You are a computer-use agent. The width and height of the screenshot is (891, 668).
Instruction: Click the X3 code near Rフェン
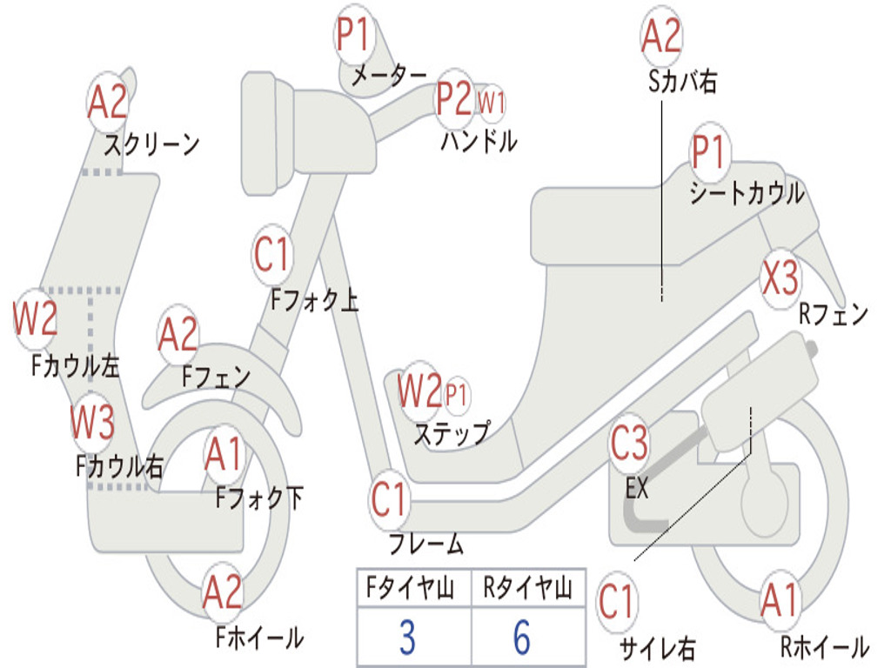click(x=780, y=277)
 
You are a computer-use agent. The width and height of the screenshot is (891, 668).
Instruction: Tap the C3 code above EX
click(x=629, y=443)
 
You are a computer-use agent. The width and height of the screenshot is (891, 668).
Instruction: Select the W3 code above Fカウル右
click(x=92, y=422)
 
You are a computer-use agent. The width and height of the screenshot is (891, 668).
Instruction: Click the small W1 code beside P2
click(x=491, y=103)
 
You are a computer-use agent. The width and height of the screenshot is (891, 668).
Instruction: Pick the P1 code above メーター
click(x=353, y=34)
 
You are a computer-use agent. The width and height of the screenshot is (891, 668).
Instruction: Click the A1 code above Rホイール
click(x=780, y=600)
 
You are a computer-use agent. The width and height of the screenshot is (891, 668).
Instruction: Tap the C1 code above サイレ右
click(x=615, y=602)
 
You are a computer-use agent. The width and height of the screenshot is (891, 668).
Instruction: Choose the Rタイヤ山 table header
click(x=527, y=587)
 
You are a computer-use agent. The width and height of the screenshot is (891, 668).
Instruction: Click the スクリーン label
click(x=151, y=144)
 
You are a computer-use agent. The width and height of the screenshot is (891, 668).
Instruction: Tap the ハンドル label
click(x=479, y=140)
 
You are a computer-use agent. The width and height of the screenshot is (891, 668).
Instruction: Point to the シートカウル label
click(x=747, y=193)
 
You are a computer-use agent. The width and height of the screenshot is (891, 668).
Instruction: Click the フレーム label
click(x=426, y=544)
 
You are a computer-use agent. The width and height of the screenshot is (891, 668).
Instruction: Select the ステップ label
click(x=452, y=434)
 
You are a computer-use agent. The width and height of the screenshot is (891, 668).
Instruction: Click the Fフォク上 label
click(x=314, y=299)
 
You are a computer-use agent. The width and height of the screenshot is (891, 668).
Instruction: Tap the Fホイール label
click(x=259, y=638)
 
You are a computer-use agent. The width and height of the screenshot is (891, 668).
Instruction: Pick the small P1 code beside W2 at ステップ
click(x=456, y=394)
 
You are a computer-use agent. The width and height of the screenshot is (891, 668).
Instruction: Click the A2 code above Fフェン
click(x=178, y=335)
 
